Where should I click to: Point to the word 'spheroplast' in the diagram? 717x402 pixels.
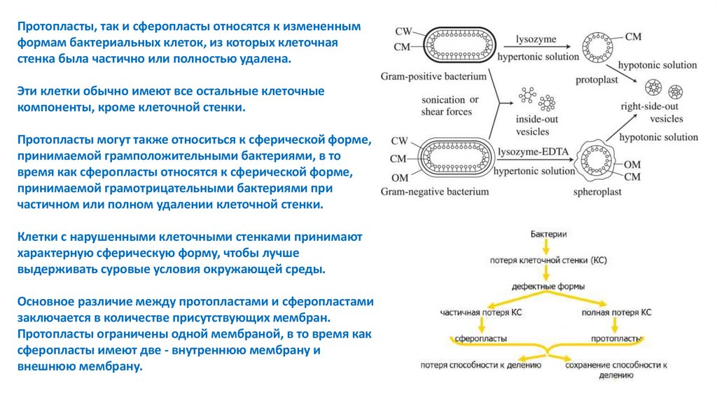[595, 190]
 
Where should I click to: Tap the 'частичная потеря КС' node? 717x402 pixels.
[480, 312]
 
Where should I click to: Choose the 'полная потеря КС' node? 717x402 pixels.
[616, 312]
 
